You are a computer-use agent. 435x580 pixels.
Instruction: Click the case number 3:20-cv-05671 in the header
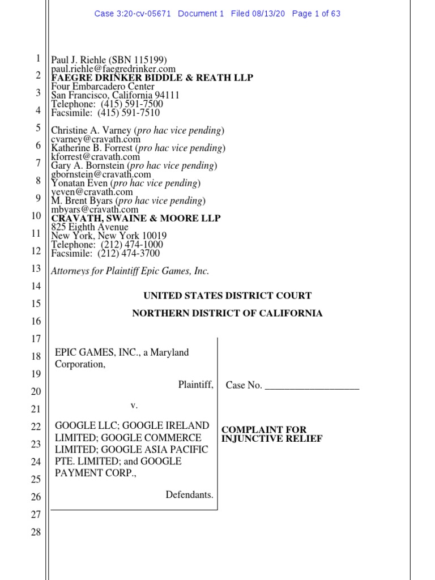[143, 14]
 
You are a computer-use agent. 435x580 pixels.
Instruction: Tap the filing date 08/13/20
[270, 14]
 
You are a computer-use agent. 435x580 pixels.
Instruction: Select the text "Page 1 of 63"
[316, 14]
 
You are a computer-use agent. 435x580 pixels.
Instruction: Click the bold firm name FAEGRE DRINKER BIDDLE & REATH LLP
[152, 78]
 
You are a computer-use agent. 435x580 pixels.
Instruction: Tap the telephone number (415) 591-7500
[132, 104]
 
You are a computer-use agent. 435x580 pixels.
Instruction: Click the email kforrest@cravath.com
[95, 157]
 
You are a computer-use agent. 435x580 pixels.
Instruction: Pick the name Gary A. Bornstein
[88, 166]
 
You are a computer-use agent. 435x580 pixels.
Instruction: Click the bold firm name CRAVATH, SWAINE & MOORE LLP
[136, 218]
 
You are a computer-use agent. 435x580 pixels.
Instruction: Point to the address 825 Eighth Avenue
[89, 227]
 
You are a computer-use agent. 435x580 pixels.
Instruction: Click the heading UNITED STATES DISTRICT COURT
[227, 296]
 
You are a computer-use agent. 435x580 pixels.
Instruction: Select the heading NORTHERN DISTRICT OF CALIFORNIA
[227, 313]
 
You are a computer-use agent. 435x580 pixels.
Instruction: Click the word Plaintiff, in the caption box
[195, 385]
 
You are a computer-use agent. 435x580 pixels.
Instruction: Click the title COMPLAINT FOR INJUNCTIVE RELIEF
[272, 434]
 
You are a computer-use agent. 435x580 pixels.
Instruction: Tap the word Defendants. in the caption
[189, 495]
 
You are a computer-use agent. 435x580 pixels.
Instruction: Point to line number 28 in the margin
[35, 532]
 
